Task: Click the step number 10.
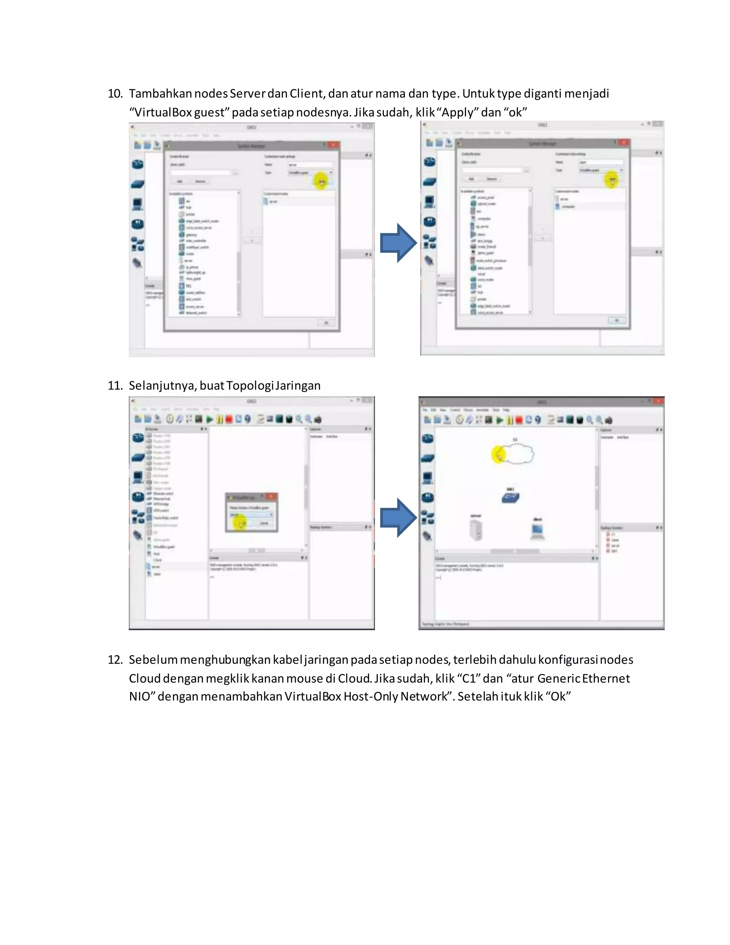(115, 93)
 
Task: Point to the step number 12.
(115, 660)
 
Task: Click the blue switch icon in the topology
(510, 497)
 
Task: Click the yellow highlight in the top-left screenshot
(321, 181)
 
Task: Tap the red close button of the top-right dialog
(623, 142)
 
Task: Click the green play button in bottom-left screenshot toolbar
(209, 419)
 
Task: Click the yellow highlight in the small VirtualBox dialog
(240, 523)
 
